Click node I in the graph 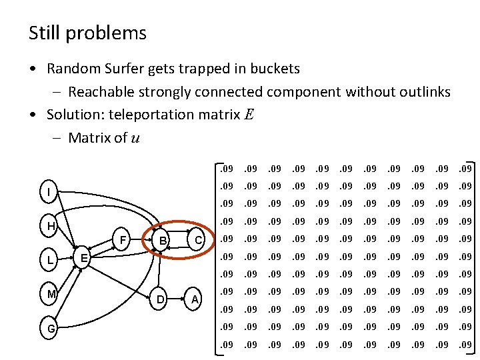[48, 193]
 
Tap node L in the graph [50, 261]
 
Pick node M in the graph [50, 294]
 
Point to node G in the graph [51, 328]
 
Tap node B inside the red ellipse [161, 240]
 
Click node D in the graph [160, 300]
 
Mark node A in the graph [195, 300]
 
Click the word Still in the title [43, 33]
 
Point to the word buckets [273, 69]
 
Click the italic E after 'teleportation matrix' [249, 115]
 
